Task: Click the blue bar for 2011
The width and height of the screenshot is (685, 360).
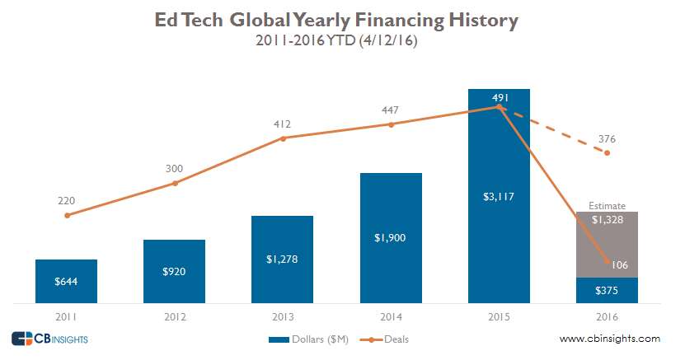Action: pos(66,281)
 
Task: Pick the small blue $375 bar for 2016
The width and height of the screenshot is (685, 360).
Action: pos(607,290)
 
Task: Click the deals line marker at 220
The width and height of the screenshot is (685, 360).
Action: pos(66,215)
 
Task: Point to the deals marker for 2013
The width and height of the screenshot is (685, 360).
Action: pos(283,138)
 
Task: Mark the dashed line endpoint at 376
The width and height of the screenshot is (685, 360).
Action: pos(607,152)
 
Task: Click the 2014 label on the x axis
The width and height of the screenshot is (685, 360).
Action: pos(391,316)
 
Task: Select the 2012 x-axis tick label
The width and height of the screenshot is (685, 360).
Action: pos(174,316)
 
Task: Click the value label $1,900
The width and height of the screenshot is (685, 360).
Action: pos(391,237)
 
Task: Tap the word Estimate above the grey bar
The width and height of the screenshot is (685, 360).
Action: pos(607,206)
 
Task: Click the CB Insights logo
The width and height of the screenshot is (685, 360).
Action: pos(49,339)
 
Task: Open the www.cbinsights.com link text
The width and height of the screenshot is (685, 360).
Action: pos(609,339)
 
